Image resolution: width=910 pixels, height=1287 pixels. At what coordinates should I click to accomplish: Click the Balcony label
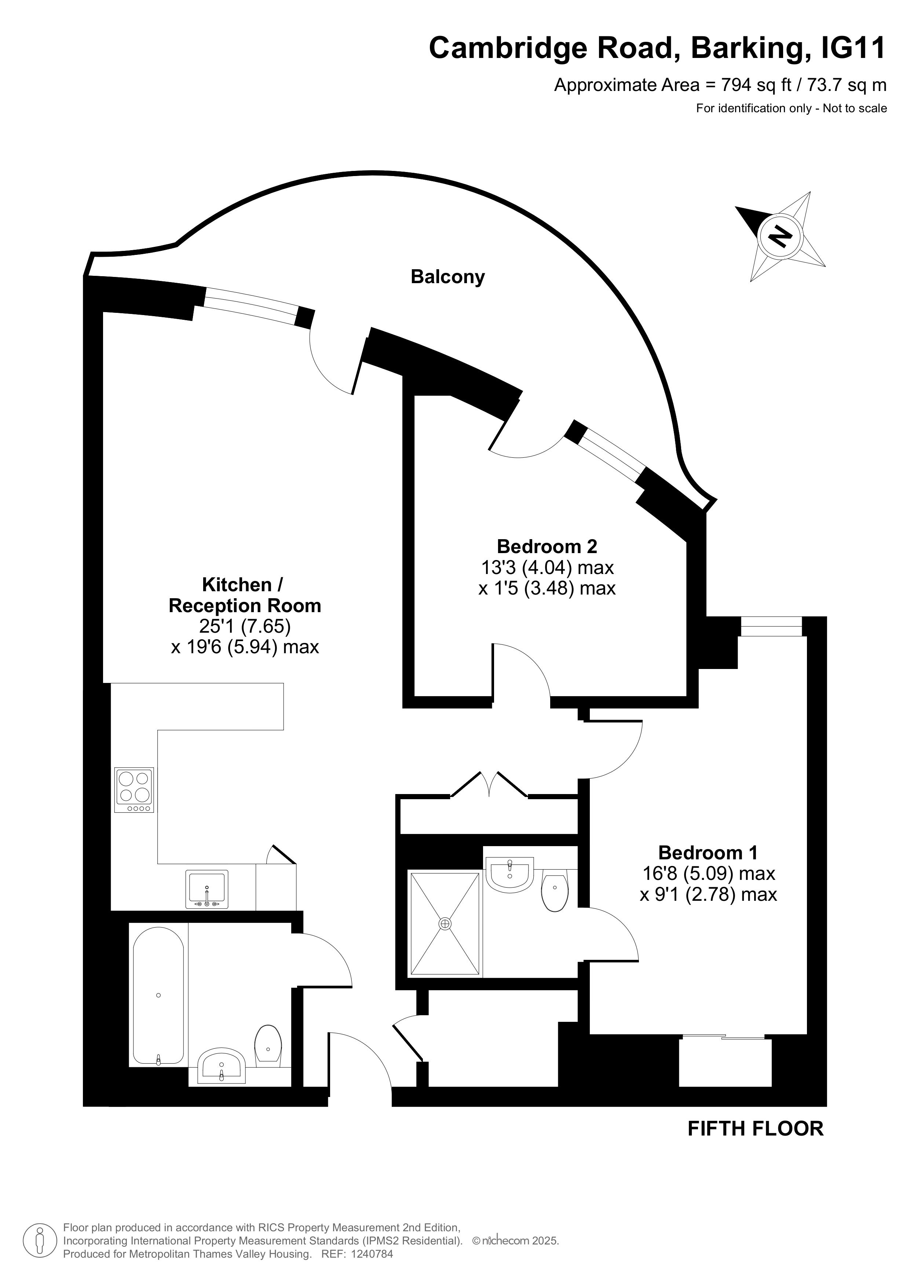[447, 277]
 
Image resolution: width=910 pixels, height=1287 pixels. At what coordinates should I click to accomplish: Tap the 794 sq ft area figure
[756, 85]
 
